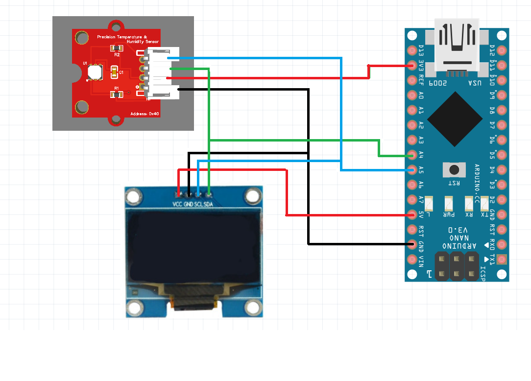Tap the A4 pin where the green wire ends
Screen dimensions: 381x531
[x=412, y=155]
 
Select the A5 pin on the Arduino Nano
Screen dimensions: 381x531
[x=412, y=170]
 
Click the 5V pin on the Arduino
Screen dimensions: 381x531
[x=412, y=214]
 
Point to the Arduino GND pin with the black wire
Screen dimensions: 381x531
[x=412, y=244]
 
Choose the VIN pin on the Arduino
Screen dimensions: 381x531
[x=412, y=259]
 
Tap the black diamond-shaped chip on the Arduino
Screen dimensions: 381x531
[x=455, y=119]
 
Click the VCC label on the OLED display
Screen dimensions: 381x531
[x=177, y=204]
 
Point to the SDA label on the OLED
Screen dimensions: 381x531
[x=208, y=204]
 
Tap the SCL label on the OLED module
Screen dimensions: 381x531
[x=198, y=204]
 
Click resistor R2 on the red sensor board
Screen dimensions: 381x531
[x=117, y=48]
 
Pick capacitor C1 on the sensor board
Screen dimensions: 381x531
[x=115, y=72]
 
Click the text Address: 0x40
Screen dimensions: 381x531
[x=145, y=114]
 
